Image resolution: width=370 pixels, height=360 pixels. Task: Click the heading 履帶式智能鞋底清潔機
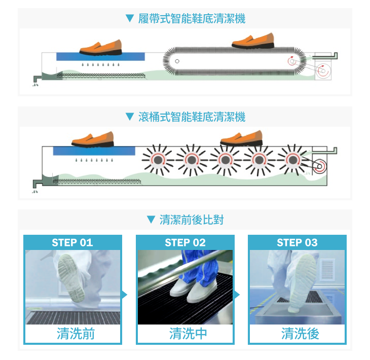(x=192, y=18)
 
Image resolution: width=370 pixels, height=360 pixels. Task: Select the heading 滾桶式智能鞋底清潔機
(x=192, y=117)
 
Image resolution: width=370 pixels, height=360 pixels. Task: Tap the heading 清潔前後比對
(x=192, y=220)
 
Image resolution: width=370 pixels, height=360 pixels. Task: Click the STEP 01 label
(x=72, y=242)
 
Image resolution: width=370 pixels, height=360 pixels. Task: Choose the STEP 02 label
(x=185, y=242)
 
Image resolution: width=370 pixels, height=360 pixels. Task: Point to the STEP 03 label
(x=298, y=242)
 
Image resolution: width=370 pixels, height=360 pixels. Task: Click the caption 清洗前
(x=76, y=334)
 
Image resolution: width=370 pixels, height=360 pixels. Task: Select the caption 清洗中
(x=188, y=334)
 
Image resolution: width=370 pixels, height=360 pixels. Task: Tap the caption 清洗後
(x=300, y=334)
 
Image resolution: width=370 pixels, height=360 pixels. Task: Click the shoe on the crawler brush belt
(x=253, y=41)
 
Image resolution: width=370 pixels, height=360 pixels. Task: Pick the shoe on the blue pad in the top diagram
(x=101, y=48)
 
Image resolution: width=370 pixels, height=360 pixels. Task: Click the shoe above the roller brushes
(x=241, y=138)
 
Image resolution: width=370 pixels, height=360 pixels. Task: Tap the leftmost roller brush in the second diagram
(x=158, y=160)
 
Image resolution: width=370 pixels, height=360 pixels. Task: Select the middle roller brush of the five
(x=226, y=160)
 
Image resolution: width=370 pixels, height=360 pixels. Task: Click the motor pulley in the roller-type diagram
(x=319, y=166)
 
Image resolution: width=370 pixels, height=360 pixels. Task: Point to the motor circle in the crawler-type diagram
(x=323, y=71)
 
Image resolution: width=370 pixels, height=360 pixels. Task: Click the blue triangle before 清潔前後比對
(x=151, y=220)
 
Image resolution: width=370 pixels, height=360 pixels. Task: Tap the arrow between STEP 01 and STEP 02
(x=125, y=295)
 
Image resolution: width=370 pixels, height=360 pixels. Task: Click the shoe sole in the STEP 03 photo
(x=304, y=282)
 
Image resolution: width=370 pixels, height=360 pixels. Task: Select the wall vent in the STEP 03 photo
(x=327, y=270)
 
